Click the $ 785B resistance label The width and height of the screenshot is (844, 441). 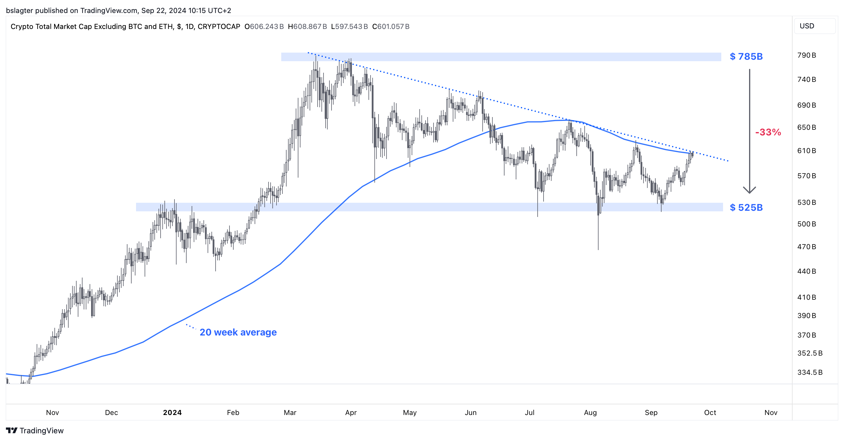tap(746, 57)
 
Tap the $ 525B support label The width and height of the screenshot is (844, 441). tap(746, 207)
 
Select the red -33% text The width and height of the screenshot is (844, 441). tap(768, 132)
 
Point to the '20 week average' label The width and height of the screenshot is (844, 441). tap(238, 332)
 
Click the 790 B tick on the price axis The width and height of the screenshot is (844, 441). tap(806, 55)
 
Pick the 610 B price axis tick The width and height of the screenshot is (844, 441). tap(806, 151)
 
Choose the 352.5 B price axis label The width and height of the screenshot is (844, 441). tap(810, 353)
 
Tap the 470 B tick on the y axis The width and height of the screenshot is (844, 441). tap(806, 247)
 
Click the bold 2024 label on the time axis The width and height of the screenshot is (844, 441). tap(172, 413)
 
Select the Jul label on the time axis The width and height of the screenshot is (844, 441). tap(529, 413)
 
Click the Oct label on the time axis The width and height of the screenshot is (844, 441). tap(710, 413)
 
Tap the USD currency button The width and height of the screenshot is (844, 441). tap(807, 26)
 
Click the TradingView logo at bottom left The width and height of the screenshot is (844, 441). tap(35, 431)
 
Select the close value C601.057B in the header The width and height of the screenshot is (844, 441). tap(391, 27)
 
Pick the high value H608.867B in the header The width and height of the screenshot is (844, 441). tap(307, 27)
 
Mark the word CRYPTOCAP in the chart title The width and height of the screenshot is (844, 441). tap(219, 27)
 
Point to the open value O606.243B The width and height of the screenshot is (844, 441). tap(264, 27)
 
